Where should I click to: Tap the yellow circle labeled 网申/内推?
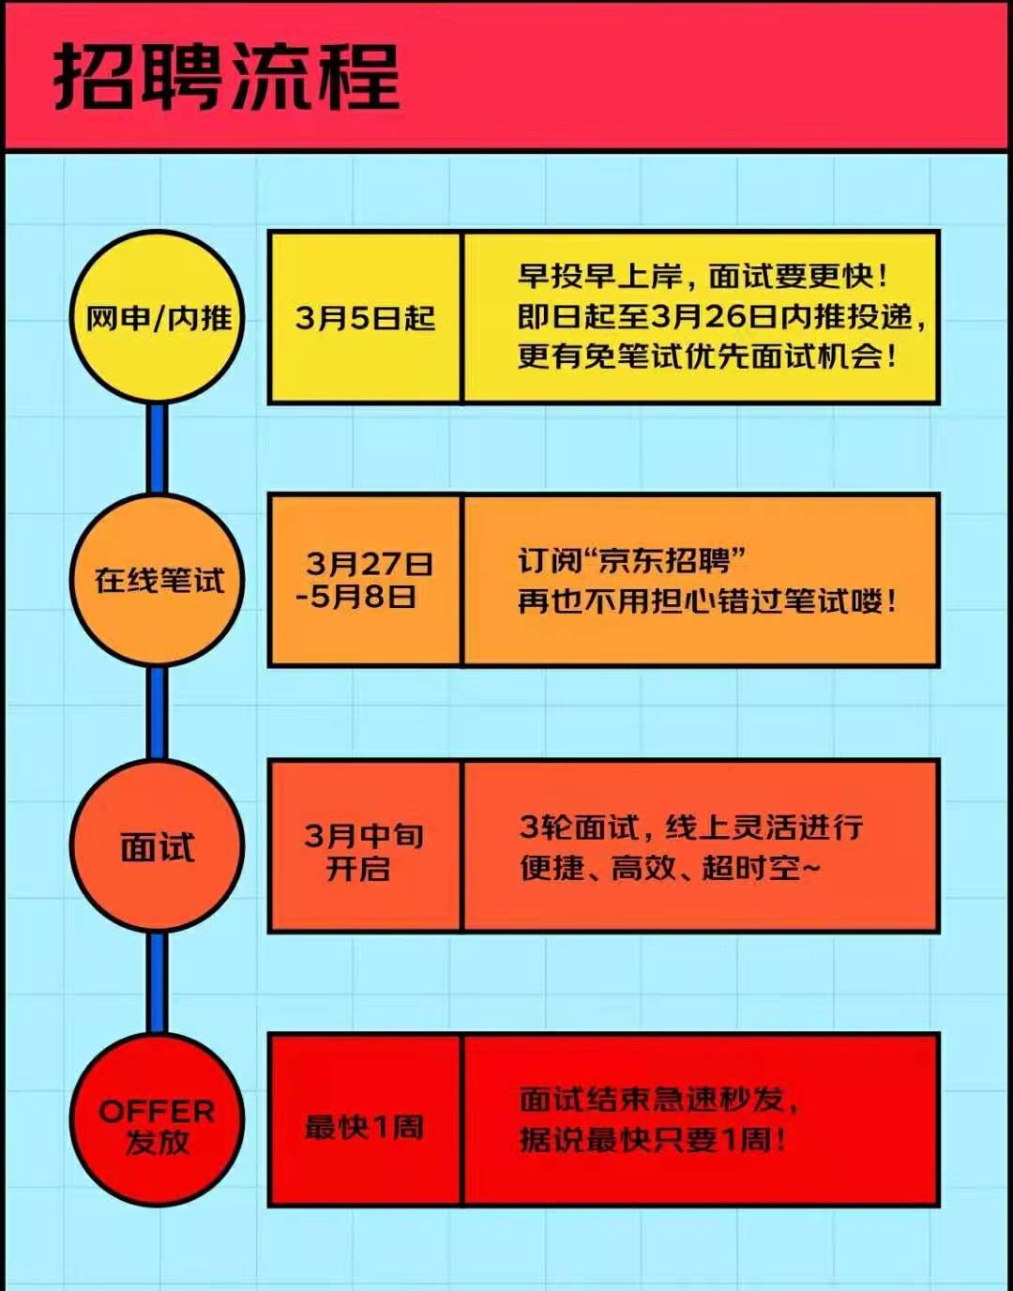click(158, 317)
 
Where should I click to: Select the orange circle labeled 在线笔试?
click(158, 579)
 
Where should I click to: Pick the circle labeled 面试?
click(158, 845)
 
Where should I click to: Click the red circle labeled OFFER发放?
click(158, 1120)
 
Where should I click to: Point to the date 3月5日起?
click(365, 318)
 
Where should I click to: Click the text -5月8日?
click(355, 597)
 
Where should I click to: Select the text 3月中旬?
click(364, 837)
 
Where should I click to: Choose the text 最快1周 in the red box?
click(364, 1127)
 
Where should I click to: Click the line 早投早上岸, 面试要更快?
click(703, 276)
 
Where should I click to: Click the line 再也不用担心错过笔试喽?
click(706, 601)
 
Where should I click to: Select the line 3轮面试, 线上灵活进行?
click(691, 827)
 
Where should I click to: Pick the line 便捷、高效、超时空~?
click(671, 868)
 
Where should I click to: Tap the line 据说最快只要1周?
click(653, 1140)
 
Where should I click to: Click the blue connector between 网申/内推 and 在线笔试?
click(158, 448)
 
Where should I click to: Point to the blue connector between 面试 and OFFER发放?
click(158, 983)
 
